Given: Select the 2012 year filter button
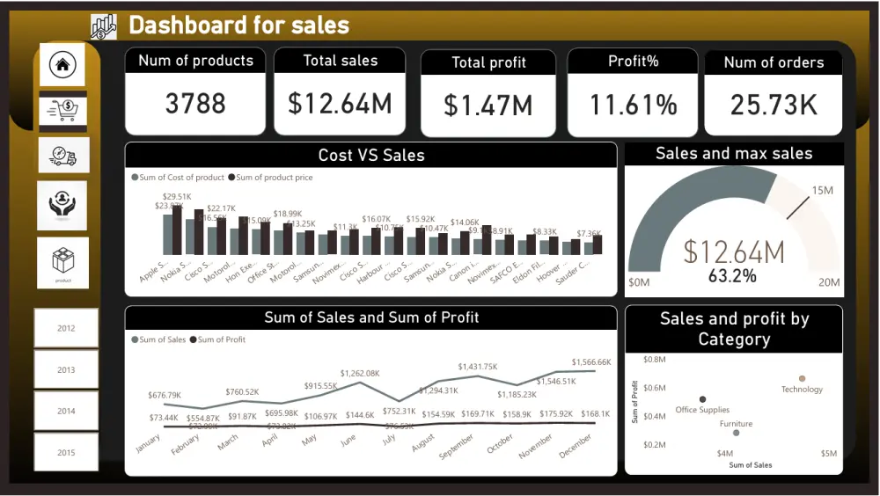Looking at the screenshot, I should [66, 328].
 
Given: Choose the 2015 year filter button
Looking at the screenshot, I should [66, 453].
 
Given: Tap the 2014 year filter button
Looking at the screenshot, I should [66, 411].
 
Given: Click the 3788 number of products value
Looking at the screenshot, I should [195, 104].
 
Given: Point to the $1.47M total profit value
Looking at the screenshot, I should [488, 106].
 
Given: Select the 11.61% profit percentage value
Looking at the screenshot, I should [634, 106].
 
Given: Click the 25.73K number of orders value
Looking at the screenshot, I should [774, 105].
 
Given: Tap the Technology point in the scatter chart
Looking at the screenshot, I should [802, 378].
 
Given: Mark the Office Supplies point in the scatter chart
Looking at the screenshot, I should [702, 399].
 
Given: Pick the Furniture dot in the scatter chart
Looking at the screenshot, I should [737, 433].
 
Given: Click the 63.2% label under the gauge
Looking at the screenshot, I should [732, 276].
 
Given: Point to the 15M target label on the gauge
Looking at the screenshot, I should [823, 191].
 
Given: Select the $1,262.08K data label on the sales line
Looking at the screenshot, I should [360, 373].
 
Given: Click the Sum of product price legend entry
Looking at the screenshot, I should [274, 178].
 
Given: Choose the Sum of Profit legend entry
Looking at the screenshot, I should [221, 339].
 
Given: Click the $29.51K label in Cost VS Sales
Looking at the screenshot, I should [177, 197].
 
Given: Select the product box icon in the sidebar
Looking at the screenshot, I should [63, 261].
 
